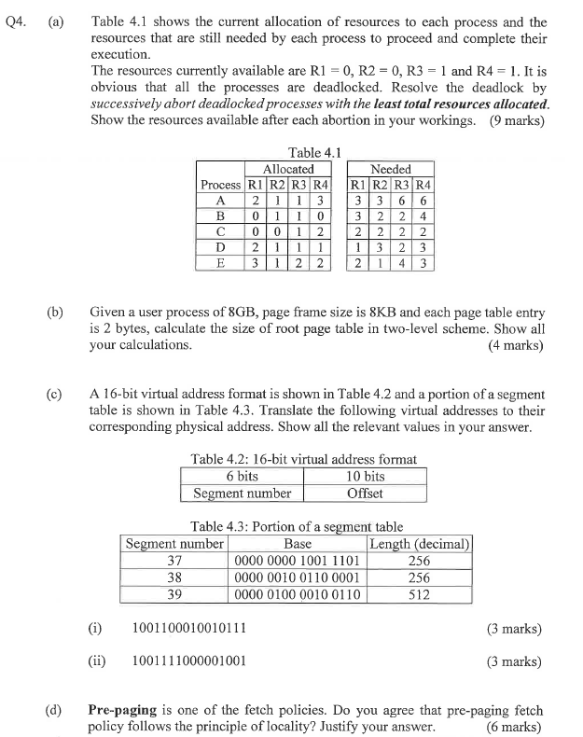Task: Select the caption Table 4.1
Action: tap(315, 152)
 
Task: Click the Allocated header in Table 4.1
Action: tap(287, 169)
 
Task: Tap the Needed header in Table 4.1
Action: tap(390, 169)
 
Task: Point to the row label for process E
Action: tap(221, 263)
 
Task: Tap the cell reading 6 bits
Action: tap(242, 476)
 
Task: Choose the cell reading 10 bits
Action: tap(365, 476)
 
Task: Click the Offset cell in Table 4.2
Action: tap(365, 493)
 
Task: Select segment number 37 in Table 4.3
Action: tap(174, 561)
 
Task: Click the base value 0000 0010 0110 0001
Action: tap(297, 577)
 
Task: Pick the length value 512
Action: tap(420, 594)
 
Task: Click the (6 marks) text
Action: tap(517, 726)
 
